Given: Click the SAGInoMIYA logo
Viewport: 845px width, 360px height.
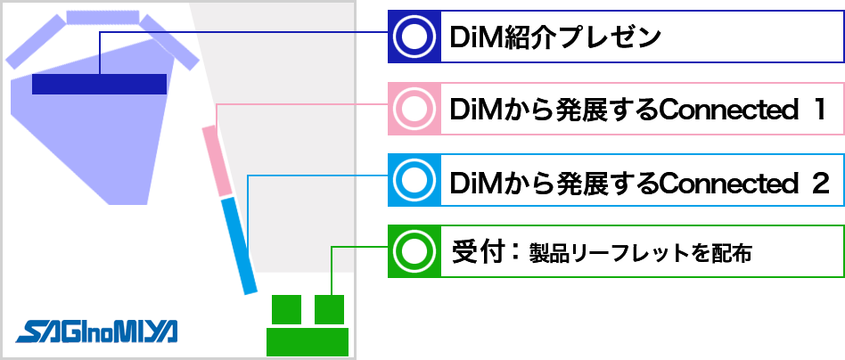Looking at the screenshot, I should (96, 330).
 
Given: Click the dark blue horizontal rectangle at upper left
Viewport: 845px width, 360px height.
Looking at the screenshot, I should (99, 84).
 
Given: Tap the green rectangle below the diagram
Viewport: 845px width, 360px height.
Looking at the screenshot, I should (307, 342).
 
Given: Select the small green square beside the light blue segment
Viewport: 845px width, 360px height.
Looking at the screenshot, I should (329, 309).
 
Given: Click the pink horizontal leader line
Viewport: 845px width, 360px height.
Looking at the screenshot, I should (370, 104).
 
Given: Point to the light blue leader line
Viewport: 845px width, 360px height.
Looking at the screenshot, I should (370, 176).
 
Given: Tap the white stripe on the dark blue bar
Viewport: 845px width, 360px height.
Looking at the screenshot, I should (478, 37).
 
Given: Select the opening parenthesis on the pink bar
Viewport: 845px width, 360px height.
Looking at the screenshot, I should (397, 109).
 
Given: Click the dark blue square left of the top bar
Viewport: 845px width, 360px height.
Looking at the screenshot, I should (371, 55).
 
